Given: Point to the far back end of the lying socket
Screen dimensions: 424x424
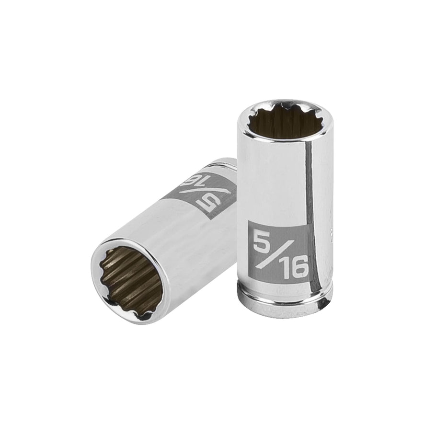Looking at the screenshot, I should tap(225, 163).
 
